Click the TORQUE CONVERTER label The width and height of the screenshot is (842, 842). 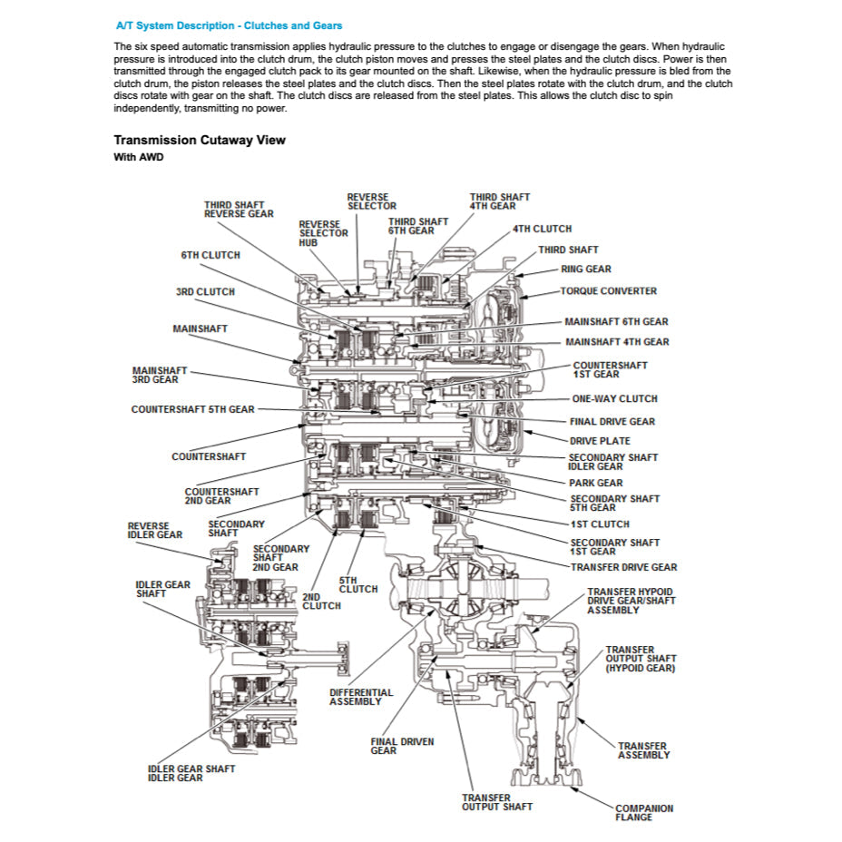[x=608, y=291]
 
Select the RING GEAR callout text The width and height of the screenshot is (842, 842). [x=585, y=269]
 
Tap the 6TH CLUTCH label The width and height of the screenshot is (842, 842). [x=210, y=255]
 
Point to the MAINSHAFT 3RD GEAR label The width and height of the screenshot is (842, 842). [x=160, y=375]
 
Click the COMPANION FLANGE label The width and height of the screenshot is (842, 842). [x=644, y=813]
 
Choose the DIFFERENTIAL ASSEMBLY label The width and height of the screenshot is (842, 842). [x=361, y=697]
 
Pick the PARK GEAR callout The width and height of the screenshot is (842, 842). [x=596, y=483]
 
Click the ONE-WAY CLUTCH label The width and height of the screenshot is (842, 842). [x=614, y=398]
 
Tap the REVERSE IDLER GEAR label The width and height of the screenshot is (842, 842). [x=155, y=530]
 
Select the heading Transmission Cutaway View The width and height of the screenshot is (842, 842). [x=200, y=140]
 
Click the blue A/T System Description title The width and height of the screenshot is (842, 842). [x=230, y=25]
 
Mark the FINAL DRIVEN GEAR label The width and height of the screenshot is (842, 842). [x=402, y=746]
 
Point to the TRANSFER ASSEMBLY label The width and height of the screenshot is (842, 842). [x=644, y=750]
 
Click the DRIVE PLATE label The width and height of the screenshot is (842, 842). [x=600, y=441]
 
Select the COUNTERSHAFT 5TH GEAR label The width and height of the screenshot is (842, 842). [x=192, y=409]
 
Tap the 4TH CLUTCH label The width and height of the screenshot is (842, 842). [x=542, y=229]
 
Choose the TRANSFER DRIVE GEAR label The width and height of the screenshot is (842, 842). [x=623, y=567]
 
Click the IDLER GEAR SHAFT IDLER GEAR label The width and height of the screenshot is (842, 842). [x=191, y=773]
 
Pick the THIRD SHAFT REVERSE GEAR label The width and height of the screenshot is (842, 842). [x=239, y=210]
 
